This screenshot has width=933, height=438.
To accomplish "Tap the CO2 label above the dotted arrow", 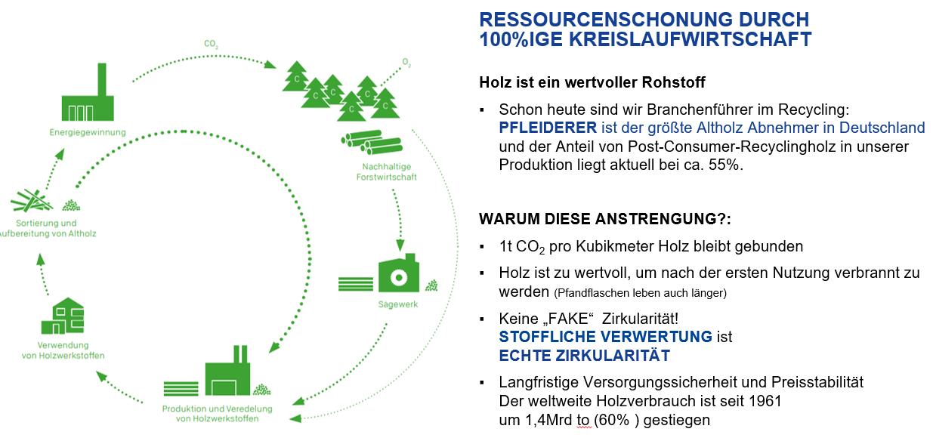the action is (x=211, y=45).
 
